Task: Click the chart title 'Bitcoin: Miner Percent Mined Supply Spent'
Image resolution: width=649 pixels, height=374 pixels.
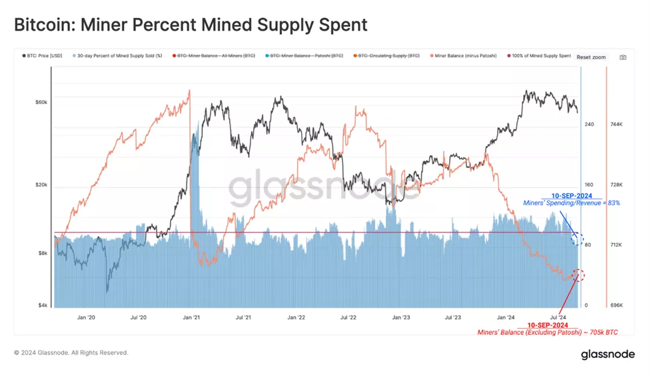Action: point(191,25)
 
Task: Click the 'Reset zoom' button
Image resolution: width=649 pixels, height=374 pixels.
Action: point(591,57)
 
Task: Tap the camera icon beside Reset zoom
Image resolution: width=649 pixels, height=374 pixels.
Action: point(623,57)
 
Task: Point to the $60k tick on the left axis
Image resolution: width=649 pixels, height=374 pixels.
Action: point(41,102)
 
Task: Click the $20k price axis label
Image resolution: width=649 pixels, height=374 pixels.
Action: point(41,185)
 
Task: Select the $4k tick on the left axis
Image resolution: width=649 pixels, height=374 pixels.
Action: point(43,305)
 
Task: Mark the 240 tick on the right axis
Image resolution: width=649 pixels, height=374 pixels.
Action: point(589,125)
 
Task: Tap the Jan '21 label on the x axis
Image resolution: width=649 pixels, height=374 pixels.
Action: point(191,318)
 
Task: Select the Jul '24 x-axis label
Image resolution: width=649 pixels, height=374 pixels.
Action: point(558,318)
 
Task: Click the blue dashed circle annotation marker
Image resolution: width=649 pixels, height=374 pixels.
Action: point(578,240)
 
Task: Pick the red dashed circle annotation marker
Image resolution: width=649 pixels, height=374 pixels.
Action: point(578,275)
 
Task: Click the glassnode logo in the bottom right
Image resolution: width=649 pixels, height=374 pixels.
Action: point(608,355)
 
